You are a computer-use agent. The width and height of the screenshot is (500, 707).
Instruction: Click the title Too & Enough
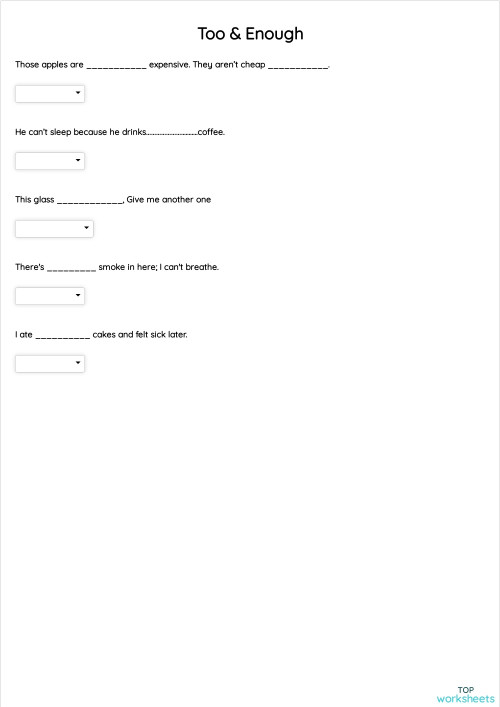coord(250,34)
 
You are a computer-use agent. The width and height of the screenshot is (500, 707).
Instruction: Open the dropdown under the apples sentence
coord(50,94)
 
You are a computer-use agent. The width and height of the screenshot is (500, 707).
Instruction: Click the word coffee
coord(211,132)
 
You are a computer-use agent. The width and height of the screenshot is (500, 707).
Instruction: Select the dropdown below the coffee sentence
coord(50,161)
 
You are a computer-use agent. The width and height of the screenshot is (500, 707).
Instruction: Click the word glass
coord(44,200)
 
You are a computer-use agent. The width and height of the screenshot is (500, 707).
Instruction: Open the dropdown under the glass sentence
coord(54,228)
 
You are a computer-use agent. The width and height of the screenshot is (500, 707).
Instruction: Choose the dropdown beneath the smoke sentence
coord(50,296)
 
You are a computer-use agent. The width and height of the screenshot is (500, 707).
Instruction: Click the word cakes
coord(104,335)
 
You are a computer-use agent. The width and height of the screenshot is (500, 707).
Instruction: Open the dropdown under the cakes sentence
coord(50,364)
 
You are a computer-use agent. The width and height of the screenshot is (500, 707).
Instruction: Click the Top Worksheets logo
coord(465,694)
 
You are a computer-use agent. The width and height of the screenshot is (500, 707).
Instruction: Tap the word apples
coord(55,65)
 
